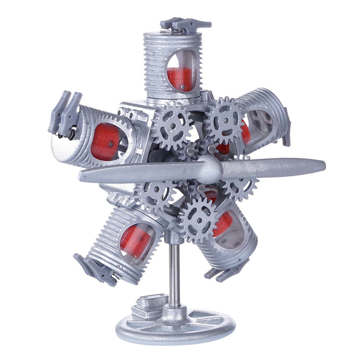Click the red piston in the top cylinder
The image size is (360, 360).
pyautogui.click(x=180, y=79)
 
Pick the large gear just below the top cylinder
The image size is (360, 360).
pyautogui.click(x=172, y=126)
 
